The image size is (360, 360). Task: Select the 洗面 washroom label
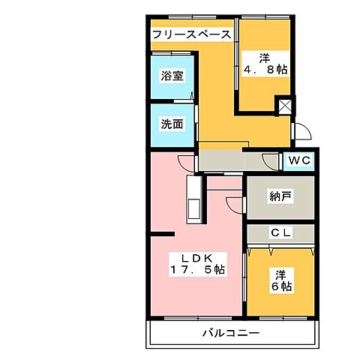(172, 124)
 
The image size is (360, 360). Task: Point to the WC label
(299, 160)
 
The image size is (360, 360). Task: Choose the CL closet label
(280, 233)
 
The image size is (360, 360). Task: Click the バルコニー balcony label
(230, 332)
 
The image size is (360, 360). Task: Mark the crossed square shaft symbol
(285, 106)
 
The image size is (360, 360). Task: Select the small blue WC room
(298, 160)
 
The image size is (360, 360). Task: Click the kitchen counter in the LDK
(192, 201)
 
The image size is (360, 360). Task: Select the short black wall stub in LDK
(163, 234)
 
